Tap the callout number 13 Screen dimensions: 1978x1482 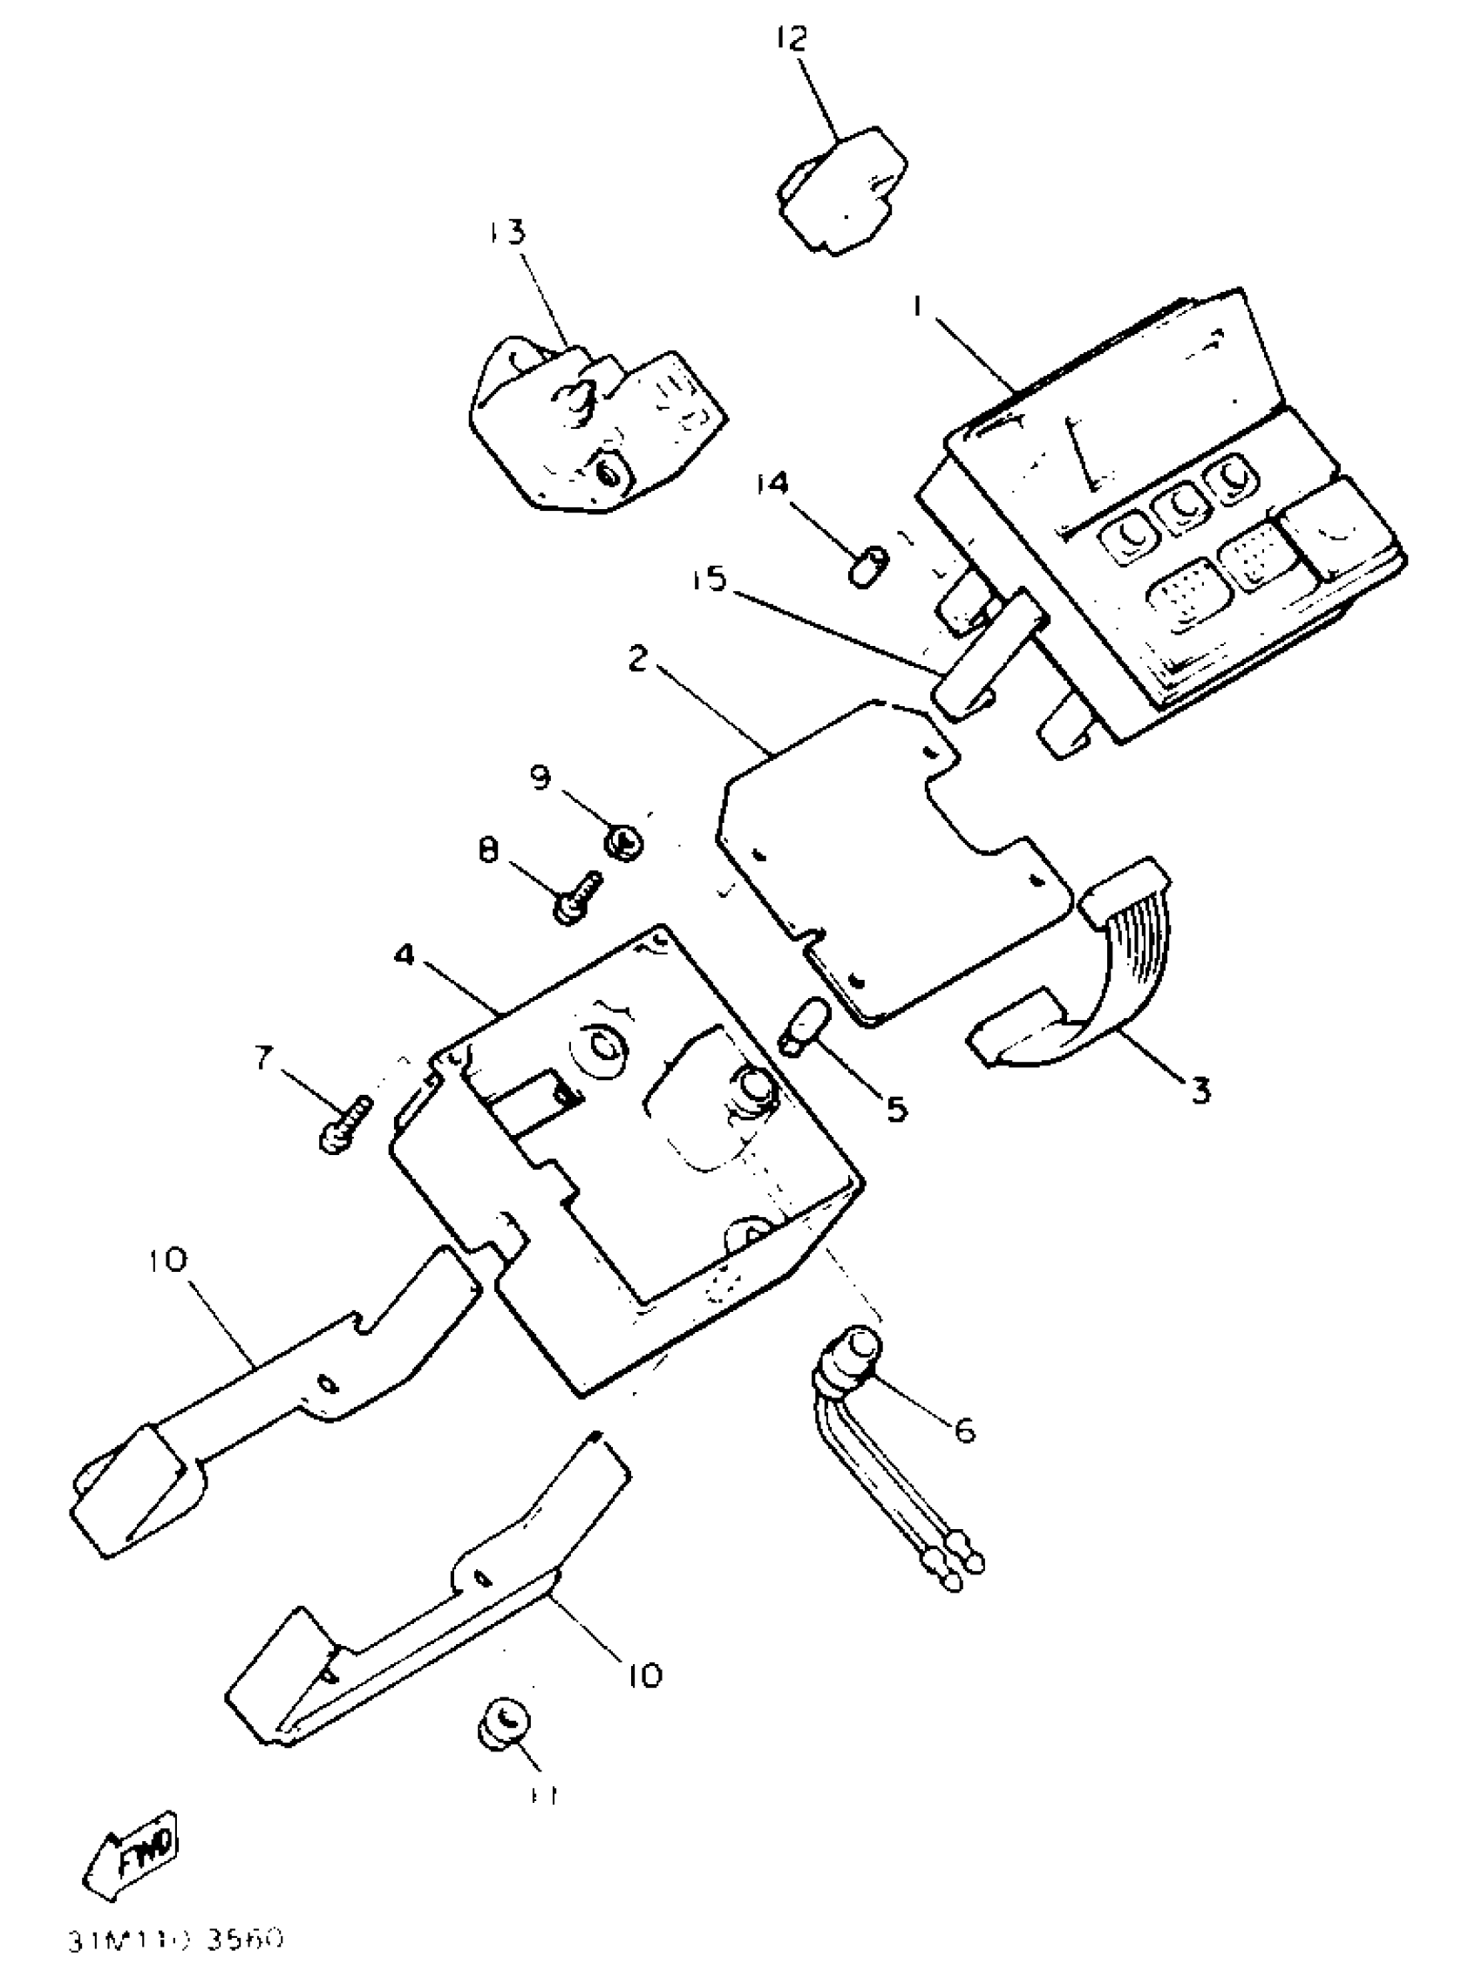tap(507, 233)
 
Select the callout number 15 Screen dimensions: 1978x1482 tap(710, 580)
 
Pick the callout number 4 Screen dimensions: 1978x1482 tap(404, 955)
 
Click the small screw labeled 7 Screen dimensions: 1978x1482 tap(344, 1123)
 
